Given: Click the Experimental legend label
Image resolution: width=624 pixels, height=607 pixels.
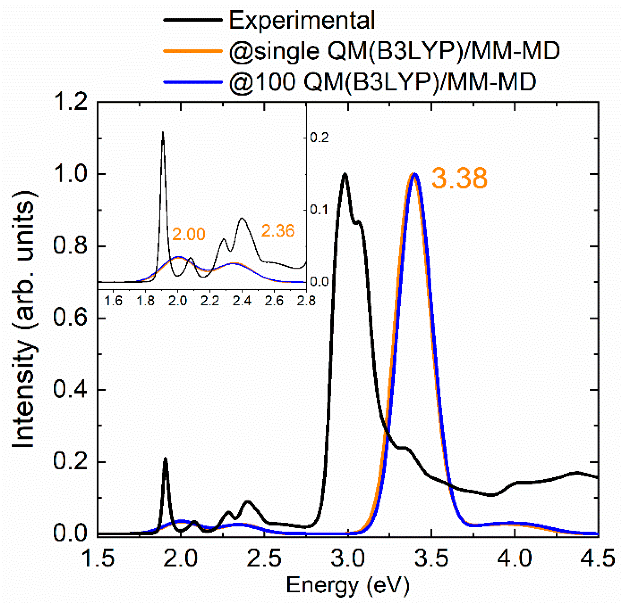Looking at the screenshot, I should point(302,20).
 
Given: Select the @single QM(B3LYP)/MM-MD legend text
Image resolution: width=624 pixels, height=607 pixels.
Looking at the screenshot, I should point(394,51).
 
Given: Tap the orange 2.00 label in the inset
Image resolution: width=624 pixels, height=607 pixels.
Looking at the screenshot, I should point(188,234).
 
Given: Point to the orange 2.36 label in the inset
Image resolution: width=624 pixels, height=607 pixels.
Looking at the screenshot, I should point(277,231).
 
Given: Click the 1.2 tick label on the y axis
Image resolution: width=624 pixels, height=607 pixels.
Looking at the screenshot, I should point(70,103).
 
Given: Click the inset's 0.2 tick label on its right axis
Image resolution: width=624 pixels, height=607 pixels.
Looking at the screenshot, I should point(319,138).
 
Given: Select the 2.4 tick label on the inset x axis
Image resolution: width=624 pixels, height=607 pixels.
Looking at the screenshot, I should point(242,301).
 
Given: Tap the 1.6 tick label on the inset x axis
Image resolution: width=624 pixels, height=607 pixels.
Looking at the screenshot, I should point(114,301).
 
